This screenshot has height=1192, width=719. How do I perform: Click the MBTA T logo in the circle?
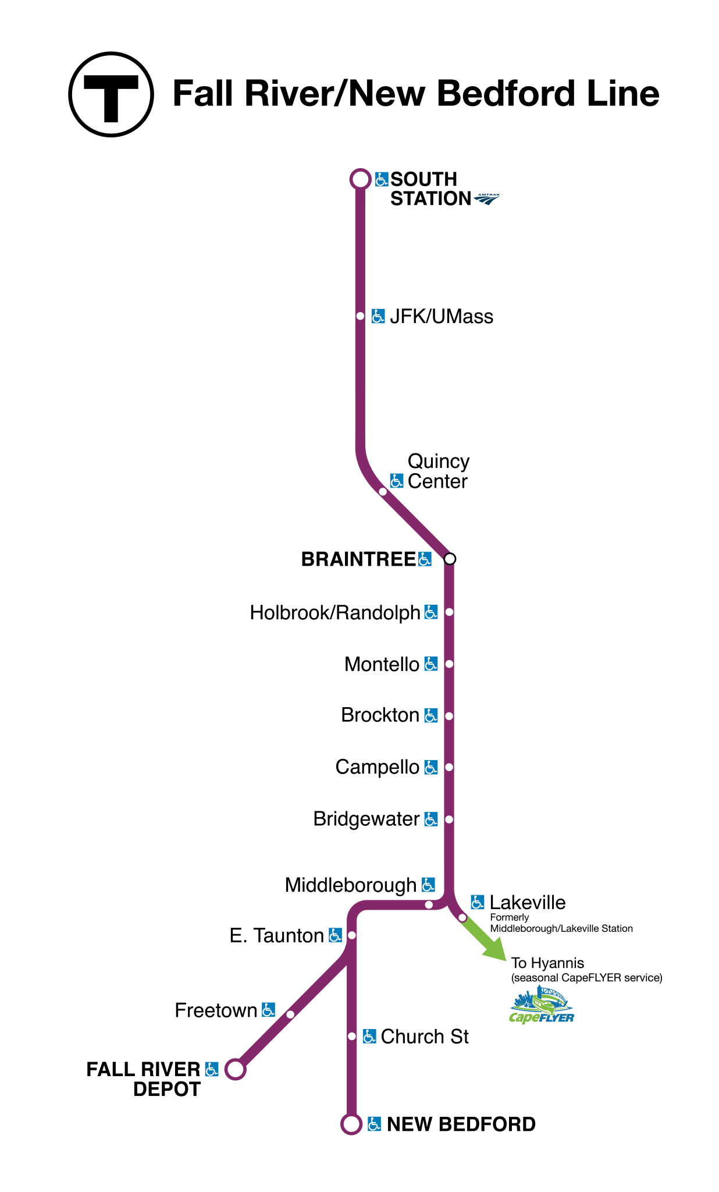click(111, 95)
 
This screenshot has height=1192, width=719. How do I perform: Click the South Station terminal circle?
click(360, 179)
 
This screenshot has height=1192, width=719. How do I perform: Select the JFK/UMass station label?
click(441, 317)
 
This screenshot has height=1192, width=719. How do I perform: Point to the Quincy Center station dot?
click(383, 492)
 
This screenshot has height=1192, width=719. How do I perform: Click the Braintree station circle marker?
click(450, 559)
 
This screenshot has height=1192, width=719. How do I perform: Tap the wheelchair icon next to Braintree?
click(425, 559)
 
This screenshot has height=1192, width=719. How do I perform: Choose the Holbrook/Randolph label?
click(335, 613)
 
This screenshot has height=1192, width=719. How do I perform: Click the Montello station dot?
click(449, 664)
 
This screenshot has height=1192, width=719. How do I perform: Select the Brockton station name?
click(380, 715)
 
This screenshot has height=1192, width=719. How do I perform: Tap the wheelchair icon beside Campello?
click(430, 767)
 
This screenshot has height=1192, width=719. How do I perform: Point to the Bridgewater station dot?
click(449, 819)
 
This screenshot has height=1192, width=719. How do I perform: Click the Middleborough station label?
click(351, 885)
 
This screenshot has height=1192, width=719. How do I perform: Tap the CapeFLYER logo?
click(542, 1006)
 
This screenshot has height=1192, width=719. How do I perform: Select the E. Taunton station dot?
click(351, 935)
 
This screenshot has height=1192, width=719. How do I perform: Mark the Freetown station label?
click(216, 1010)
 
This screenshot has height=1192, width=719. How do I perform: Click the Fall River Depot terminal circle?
click(235, 1070)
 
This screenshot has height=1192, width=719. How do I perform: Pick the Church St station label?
click(425, 1037)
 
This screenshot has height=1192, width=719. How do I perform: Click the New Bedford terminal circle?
click(351, 1124)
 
